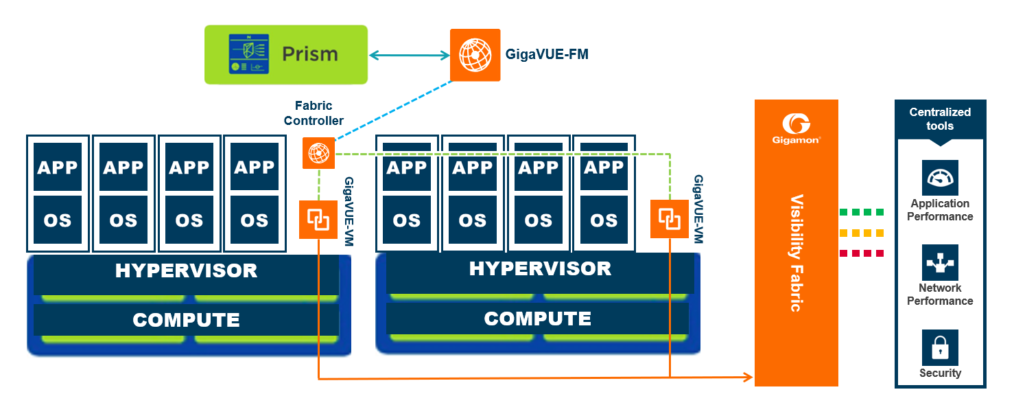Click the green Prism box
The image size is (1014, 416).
(x=285, y=54)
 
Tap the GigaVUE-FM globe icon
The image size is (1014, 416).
(x=475, y=54)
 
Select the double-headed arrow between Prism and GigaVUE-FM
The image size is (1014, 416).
(x=409, y=55)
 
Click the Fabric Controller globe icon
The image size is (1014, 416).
(x=318, y=153)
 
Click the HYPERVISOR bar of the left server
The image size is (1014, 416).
(x=186, y=270)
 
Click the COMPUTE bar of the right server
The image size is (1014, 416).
(x=537, y=319)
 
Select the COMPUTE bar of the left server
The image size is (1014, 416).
(x=186, y=320)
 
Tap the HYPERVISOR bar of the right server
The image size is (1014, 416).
(x=539, y=268)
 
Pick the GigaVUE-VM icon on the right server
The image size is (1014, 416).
(x=669, y=218)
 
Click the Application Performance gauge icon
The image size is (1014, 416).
(x=940, y=178)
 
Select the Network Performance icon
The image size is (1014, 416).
(x=940, y=262)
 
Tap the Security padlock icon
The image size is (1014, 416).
(x=940, y=347)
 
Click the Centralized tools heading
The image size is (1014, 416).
(x=940, y=119)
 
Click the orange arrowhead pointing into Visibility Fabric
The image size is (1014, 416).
(x=748, y=377)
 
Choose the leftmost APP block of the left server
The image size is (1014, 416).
(x=58, y=167)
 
